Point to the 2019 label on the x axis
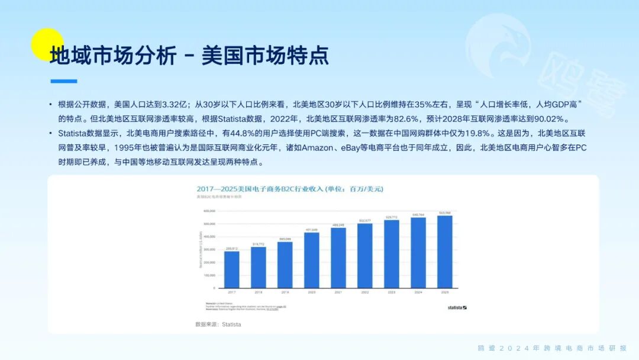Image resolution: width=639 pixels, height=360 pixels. point(285,292)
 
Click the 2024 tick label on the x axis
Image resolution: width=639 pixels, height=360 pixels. point(418,292)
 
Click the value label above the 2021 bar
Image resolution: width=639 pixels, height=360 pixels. point(338,225)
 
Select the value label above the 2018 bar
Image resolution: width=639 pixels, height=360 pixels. point(258,244)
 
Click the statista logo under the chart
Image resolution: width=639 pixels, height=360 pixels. point(457,307)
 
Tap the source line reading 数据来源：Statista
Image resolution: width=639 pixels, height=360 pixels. point(218,324)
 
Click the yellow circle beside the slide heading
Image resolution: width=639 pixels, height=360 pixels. point(47,44)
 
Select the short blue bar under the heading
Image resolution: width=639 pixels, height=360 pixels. point(63,81)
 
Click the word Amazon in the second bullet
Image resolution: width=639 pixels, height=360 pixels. point(318,147)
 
